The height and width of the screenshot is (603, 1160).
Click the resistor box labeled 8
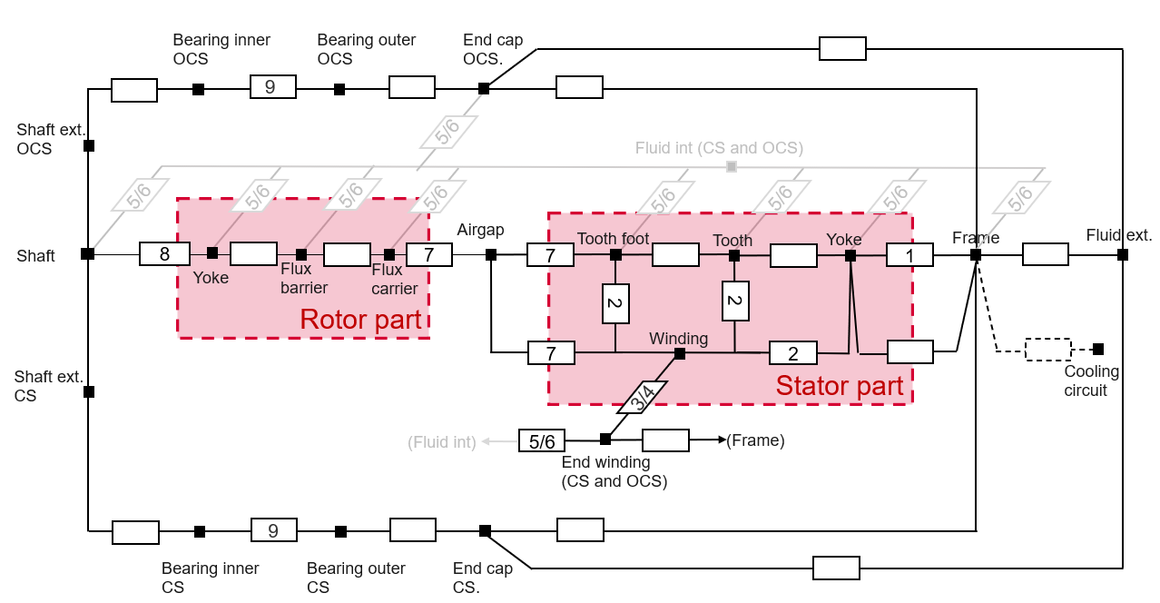pyautogui.click(x=164, y=254)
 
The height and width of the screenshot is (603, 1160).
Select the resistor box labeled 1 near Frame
pyautogui.click(x=909, y=255)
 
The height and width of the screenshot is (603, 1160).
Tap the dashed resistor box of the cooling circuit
pyautogui.click(x=1048, y=350)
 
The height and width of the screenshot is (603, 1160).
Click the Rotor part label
pyautogui.click(x=360, y=320)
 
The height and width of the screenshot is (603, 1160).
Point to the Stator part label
pyautogui.click(x=839, y=386)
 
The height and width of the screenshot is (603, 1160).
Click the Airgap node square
pyautogui.click(x=491, y=255)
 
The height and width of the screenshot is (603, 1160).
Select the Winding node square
pyautogui.click(x=679, y=353)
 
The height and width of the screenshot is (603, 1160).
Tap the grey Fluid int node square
pyautogui.click(x=732, y=166)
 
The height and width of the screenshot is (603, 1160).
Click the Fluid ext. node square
pyautogui.click(x=1123, y=255)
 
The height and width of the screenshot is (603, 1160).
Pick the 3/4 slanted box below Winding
pyautogui.click(x=644, y=397)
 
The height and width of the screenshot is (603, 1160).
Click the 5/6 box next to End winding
pyautogui.click(x=542, y=441)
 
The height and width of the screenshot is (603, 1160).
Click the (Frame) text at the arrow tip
pyautogui.click(x=755, y=441)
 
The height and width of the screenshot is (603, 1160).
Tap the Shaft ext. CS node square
pyautogui.click(x=89, y=392)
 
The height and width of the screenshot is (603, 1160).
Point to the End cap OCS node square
pyautogui.click(x=484, y=88)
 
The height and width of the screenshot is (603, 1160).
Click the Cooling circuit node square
pyautogui.click(x=1098, y=349)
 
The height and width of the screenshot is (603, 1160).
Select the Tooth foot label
pyautogui.click(x=613, y=239)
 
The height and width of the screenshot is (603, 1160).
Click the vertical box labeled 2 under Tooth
pyautogui.click(x=735, y=301)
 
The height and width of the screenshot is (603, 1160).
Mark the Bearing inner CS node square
pyautogui.click(x=200, y=532)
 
